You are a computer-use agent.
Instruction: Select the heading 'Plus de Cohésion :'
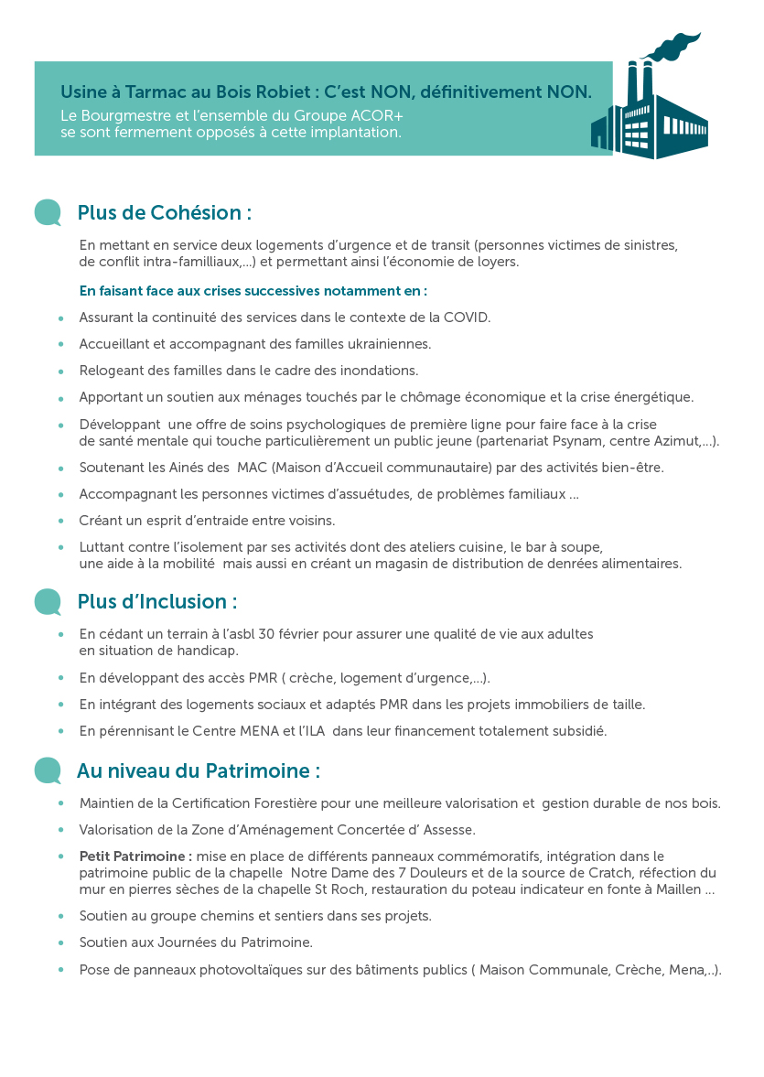[x=165, y=213]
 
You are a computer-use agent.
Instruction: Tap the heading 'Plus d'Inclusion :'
[x=157, y=602]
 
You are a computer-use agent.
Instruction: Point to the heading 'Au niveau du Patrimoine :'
[x=199, y=771]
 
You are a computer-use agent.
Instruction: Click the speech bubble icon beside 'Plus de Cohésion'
[x=48, y=213]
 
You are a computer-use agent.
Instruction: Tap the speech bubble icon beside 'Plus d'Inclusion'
[x=48, y=602]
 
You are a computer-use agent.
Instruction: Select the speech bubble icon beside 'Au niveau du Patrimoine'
[x=48, y=771]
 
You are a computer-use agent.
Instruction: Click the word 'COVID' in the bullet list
[x=467, y=318]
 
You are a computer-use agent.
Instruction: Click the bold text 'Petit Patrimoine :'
[x=135, y=856]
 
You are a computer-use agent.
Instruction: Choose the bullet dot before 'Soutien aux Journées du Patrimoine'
[x=60, y=942]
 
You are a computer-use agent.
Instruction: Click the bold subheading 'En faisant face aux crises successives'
[x=253, y=291]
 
